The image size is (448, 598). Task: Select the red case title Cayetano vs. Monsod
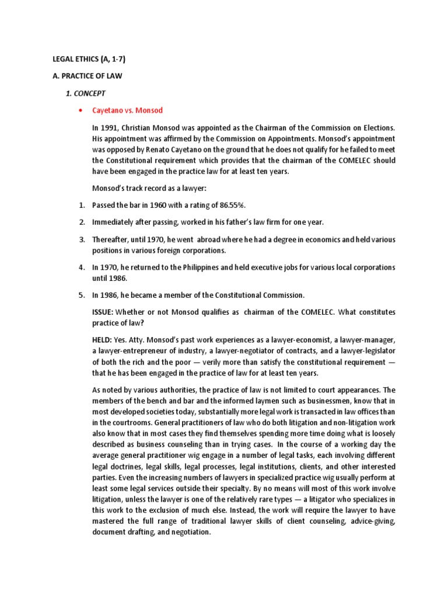pos(127,110)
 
